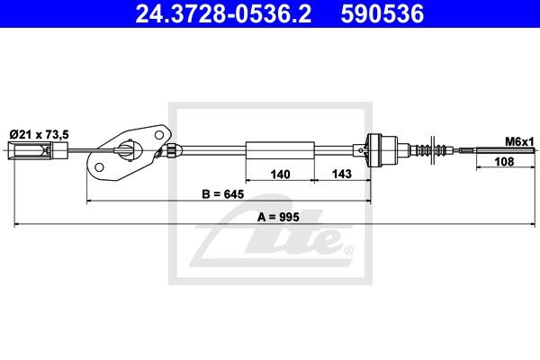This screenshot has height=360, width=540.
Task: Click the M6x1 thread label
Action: click(518, 142)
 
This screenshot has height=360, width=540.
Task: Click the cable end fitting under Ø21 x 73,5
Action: click(32, 150)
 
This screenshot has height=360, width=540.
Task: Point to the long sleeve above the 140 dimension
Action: click(280, 150)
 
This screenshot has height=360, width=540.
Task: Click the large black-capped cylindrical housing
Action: click(384, 149)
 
